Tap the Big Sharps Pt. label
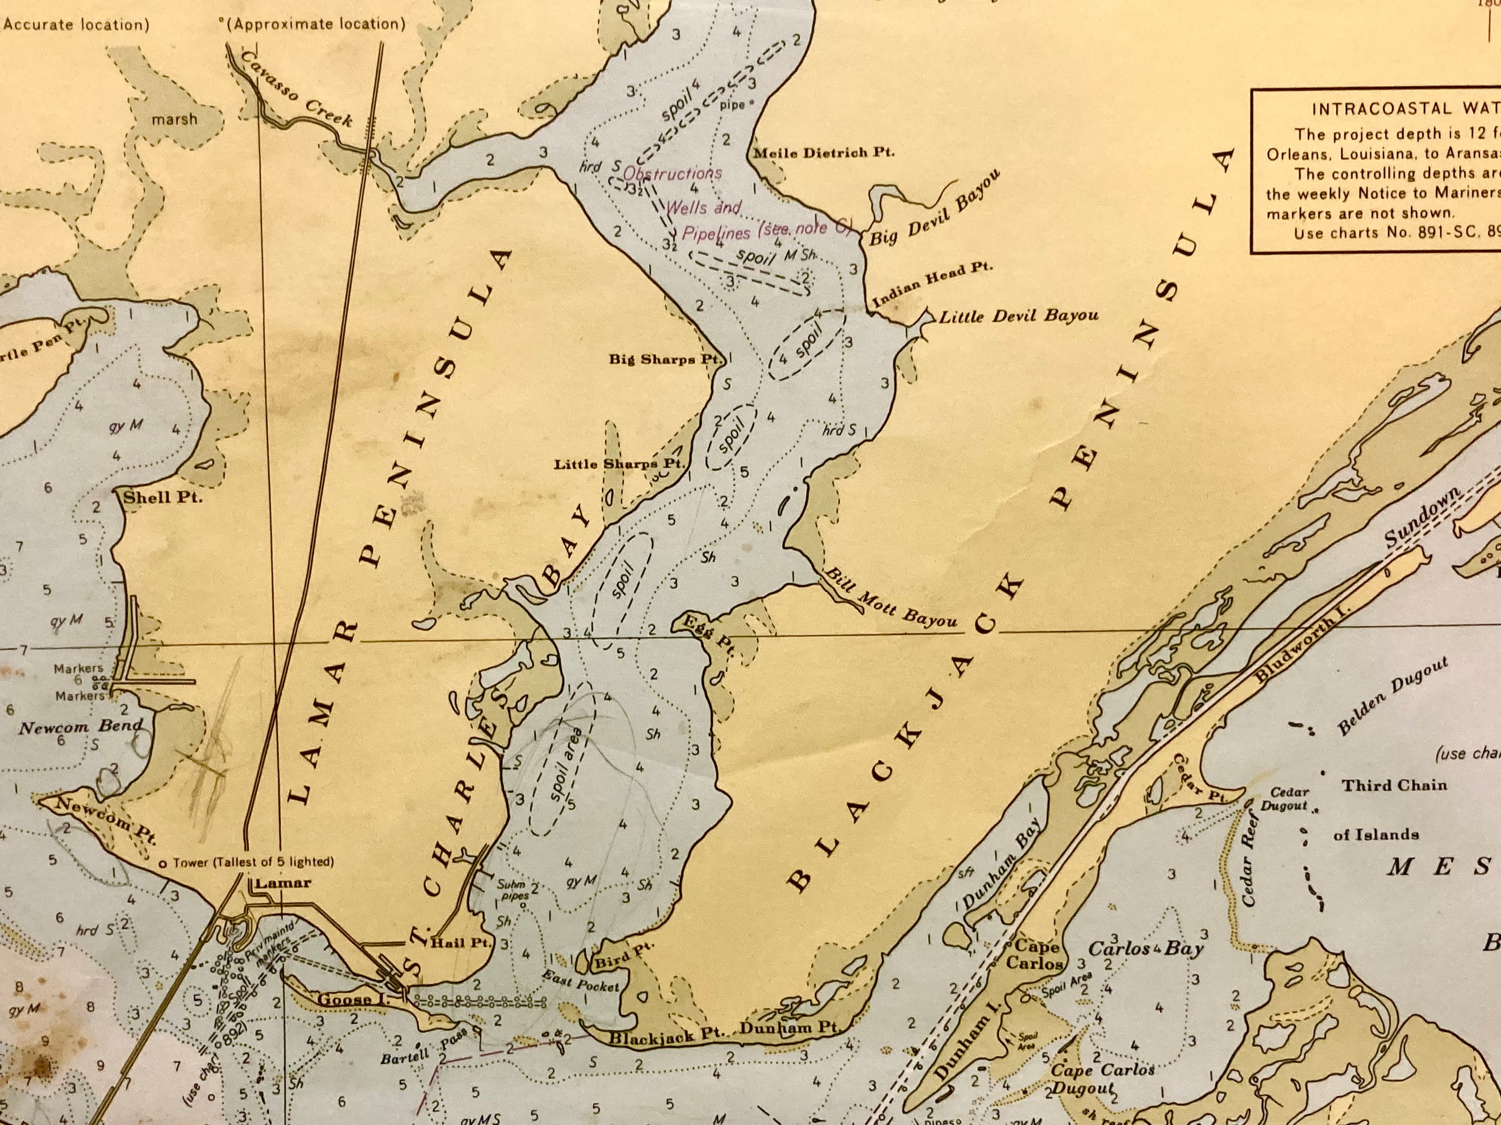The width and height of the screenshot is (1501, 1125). [x=664, y=359]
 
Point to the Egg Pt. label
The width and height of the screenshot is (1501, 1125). [x=709, y=633]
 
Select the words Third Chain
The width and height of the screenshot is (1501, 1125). [x=1394, y=785]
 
